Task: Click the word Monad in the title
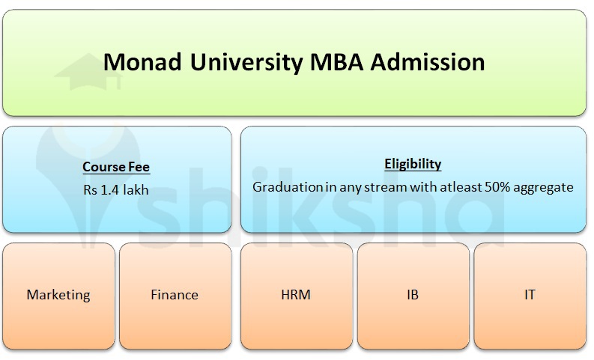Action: tap(139, 61)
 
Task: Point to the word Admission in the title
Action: tap(425, 61)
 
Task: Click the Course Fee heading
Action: tap(116, 168)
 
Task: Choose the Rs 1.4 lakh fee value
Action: tap(116, 190)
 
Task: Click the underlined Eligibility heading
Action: tap(412, 164)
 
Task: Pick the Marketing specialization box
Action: tap(58, 295)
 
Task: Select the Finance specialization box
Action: tap(175, 295)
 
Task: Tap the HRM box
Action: tap(295, 295)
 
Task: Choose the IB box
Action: tap(412, 295)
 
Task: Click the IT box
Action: tap(530, 295)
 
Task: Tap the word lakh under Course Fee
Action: tap(136, 190)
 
